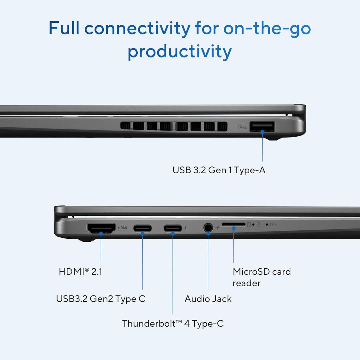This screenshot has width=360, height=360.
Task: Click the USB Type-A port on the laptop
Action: (x=262, y=127)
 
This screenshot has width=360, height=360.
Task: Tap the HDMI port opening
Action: (x=101, y=228)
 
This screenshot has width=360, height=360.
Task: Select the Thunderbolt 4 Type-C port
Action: (x=173, y=228)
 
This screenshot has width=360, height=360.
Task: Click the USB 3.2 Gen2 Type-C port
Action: (x=143, y=228)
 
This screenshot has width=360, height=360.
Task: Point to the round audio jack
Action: (x=208, y=228)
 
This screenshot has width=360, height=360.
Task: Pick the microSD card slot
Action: (x=233, y=225)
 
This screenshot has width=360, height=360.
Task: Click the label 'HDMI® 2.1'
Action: (x=80, y=272)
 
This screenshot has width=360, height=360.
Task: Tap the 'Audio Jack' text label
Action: (x=208, y=299)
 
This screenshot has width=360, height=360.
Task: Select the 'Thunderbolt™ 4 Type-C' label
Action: (x=173, y=323)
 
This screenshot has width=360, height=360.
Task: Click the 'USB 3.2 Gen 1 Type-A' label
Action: (x=219, y=170)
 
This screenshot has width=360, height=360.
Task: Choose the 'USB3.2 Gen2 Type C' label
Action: (x=101, y=299)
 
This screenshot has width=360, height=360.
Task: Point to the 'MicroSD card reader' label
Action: (x=262, y=277)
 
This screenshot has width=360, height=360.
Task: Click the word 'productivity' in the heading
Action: (x=180, y=52)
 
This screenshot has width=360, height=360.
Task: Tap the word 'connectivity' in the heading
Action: (x=137, y=28)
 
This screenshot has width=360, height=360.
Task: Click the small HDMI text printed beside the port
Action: (x=122, y=228)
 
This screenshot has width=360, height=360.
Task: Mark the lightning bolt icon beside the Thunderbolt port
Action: (x=185, y=228)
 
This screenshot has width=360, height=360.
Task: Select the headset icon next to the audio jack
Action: (x=217, y=228)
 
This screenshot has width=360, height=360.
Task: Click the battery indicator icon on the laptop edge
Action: (x=273, y=225)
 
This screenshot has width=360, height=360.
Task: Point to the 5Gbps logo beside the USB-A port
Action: (x=242, y=127)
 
